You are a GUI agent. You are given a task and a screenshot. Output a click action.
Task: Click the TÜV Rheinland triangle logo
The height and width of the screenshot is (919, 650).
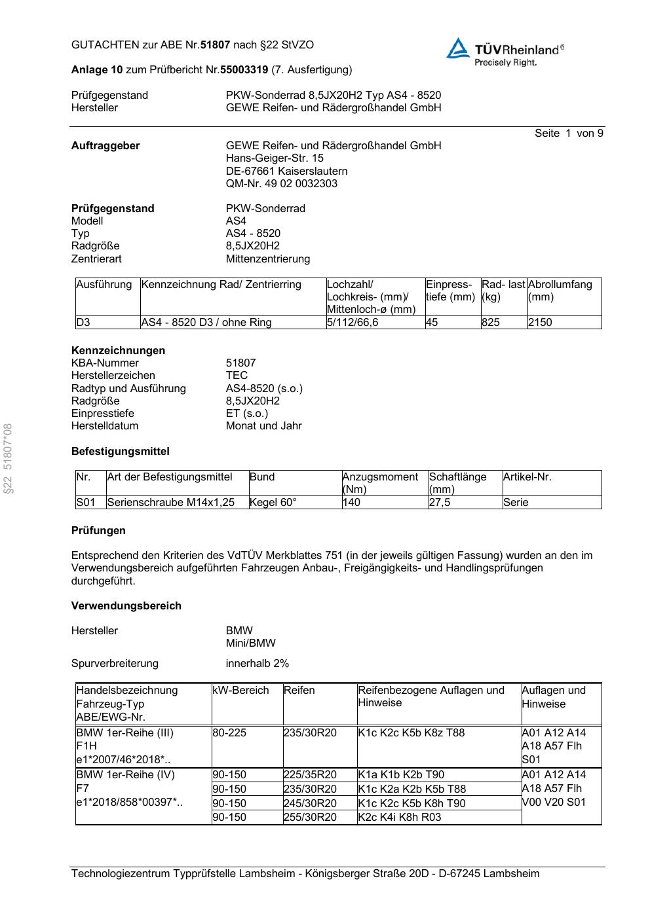457,48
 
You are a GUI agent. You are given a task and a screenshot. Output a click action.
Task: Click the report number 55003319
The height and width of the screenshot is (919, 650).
244,69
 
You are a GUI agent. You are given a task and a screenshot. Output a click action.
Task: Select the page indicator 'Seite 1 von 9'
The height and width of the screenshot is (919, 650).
568,134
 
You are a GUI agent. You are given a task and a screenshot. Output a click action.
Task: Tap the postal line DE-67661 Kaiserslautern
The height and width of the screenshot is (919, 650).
286,171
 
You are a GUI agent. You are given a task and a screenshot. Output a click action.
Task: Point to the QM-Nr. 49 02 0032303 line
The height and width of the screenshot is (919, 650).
282,183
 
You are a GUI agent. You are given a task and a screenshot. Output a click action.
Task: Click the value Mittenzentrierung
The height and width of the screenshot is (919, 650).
267,259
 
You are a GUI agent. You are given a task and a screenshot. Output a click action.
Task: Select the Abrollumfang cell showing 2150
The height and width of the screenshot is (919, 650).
540,322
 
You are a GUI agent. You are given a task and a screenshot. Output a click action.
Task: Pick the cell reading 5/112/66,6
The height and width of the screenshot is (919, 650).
353,322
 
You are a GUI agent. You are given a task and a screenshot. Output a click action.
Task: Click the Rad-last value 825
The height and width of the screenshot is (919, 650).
490,322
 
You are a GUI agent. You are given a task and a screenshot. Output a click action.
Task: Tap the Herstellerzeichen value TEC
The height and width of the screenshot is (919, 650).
237,375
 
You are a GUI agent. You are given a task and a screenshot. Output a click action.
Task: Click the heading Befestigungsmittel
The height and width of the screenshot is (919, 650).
120,451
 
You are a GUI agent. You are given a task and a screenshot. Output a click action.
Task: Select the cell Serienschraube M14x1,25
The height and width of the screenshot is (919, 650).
170,503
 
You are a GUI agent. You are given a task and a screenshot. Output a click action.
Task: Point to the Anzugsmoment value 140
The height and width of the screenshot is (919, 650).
351,503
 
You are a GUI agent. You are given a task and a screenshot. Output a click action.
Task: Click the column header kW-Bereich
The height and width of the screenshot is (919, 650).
240,690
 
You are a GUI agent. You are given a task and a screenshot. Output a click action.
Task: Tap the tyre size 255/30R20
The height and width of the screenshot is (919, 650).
310,817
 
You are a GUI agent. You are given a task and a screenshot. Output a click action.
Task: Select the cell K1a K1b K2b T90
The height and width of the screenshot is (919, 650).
401,774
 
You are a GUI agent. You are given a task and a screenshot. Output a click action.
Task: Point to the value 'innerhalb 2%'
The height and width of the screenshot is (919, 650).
257,663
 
